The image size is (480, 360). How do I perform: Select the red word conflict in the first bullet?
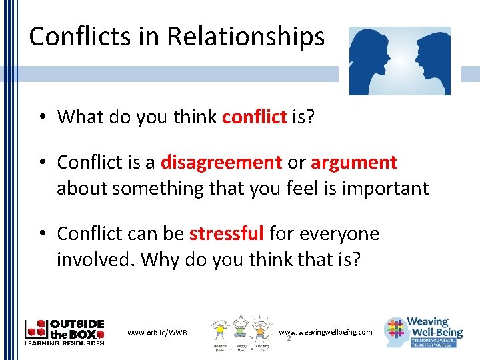tap(254, 117)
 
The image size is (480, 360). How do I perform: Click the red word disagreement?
tap(221, 163)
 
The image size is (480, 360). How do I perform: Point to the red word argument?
tap(353, 163)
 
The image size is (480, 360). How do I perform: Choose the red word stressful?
tap(227, 234)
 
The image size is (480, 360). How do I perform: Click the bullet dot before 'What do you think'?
tap(41, 118)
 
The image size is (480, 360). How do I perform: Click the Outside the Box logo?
tap(64, 331)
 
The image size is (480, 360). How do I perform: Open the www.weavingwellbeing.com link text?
tap(325, 332)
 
